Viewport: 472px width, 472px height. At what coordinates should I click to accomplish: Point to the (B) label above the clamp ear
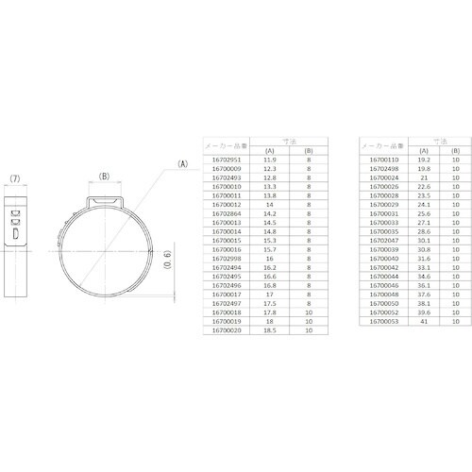point(105,176)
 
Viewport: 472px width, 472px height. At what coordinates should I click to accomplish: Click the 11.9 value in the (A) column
point(271,161)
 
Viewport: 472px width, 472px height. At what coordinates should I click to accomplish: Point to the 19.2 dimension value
point(425,161)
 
